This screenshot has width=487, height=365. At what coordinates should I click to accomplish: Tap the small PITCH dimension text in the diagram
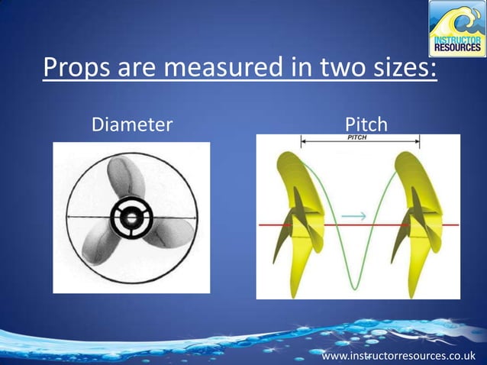coord(357,137)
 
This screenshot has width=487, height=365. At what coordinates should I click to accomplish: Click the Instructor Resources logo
coord(456,28)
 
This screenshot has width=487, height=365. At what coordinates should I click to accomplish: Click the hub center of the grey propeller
coord(131,218)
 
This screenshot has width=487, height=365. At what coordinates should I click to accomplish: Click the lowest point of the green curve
coord(354,288)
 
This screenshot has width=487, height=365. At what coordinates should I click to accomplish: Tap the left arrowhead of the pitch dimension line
coord(304,141)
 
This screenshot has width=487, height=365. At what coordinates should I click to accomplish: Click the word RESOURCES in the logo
coord(456,45)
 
